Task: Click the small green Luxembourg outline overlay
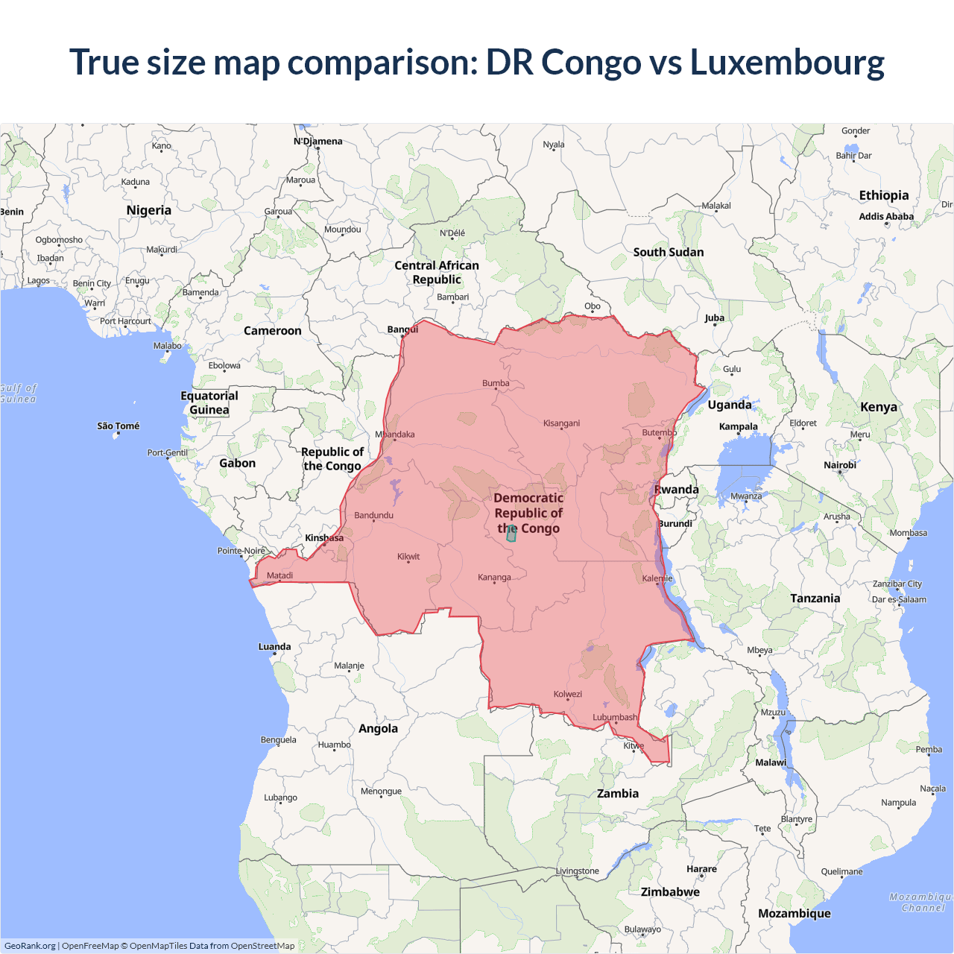click(511, 534)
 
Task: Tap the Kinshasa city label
click(324, 538)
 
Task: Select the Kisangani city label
click(561, 423)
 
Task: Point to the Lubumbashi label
click(615, 718)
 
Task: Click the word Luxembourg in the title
click(787, 62)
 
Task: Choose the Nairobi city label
click(840, 465)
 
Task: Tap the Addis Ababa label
click(886, 217)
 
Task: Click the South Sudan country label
click(669, 253)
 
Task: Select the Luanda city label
click(274, 647)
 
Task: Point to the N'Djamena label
click(318, 142)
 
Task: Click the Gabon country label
click(237, 464)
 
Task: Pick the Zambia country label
click(618, 794)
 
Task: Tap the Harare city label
click(701, 869)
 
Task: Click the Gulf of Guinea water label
click(18, 394)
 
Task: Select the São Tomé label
click(119, 426)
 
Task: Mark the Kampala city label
click(738, 427)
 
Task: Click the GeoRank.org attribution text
click(30, 946)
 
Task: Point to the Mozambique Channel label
click(922, 903)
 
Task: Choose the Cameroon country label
click(273, 331)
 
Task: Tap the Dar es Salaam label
click(899, 599)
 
